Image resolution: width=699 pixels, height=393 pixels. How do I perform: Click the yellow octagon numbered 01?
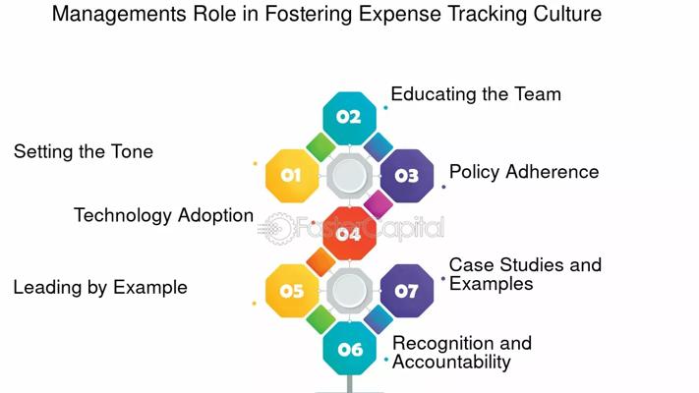point(292,176)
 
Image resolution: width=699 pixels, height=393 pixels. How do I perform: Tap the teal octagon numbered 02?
point(350,118)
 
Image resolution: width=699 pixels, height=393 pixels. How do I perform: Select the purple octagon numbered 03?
point(407,176)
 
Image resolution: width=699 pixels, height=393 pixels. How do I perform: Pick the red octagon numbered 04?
point(350,233)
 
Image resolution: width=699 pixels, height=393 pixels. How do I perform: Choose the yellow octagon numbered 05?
point(292,291)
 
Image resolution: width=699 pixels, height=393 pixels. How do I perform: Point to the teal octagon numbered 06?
point(350,348)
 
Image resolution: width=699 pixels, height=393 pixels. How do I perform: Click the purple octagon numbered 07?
point(407,291)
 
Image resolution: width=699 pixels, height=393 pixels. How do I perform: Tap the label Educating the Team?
point(476,94)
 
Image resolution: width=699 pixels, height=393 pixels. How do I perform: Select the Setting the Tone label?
point(84,152)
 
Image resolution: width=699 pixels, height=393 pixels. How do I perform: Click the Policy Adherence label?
point(524,172)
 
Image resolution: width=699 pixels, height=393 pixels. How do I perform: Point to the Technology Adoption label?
point(163,216)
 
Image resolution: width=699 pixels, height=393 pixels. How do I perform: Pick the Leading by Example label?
point(100,288)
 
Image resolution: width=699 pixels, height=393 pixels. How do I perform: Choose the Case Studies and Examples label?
point(525,274)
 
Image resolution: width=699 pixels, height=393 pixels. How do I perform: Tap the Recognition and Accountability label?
point(462,353)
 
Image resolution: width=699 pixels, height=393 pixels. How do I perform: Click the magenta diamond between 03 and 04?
point(379,204)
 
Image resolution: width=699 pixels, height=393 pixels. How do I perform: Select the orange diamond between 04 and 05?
point(320,262)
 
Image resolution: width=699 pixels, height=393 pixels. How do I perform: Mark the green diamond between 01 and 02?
point(320,147)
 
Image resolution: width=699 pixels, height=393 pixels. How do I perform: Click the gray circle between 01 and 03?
point(350,176)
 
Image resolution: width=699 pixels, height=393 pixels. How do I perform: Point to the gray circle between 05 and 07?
point(350,291)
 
